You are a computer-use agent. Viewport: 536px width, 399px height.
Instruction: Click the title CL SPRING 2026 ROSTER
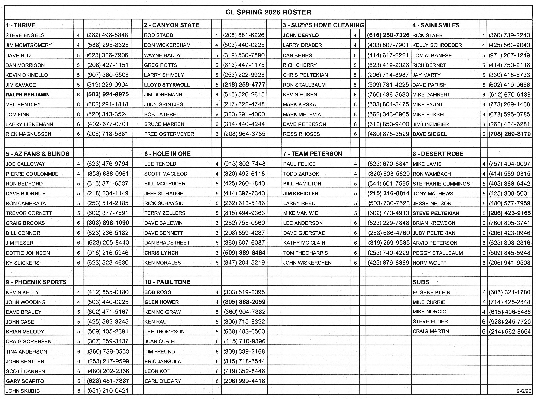coord(268,12)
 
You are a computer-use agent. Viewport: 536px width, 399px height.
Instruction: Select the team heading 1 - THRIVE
coord(20,25)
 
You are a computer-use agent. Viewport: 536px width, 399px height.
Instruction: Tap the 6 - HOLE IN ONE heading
coord(167,154)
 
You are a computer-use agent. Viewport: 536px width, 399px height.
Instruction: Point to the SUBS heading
coord(421,282)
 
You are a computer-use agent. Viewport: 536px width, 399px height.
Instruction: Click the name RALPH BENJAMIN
coord(27,95)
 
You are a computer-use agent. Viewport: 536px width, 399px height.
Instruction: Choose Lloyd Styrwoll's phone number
coord(244,85)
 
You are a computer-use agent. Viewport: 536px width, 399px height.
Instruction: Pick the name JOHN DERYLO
coord(300,35)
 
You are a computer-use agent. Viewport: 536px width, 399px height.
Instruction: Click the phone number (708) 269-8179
coord(510,134)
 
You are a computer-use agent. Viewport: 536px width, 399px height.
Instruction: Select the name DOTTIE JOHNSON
coord(28,253)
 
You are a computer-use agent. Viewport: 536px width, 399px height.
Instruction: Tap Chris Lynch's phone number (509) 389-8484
coord(244,253)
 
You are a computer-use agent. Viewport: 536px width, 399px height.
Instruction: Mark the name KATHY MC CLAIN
coord(304,243)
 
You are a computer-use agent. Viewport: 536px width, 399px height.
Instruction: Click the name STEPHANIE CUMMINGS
coord(441,184)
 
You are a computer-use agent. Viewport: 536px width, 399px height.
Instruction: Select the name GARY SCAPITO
coord(25,381)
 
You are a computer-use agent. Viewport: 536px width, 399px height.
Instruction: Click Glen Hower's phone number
coord(244,302)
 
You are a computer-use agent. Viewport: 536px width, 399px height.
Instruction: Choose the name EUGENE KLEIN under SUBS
coord(431,292)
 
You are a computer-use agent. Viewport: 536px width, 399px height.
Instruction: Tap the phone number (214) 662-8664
coord(510,332)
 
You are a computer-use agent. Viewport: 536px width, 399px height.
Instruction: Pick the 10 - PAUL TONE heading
coord(167,282)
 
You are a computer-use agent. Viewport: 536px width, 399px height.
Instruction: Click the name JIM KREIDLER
coord(300,193)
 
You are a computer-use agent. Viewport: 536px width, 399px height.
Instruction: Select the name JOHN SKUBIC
coord(22,391)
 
